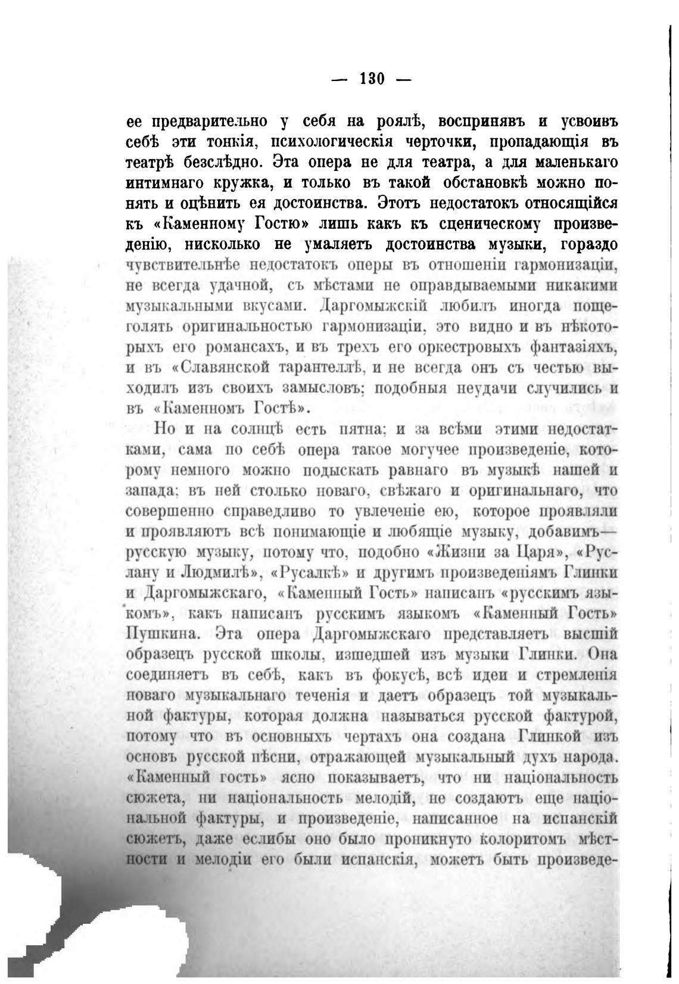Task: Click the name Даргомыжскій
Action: [373, 306]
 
